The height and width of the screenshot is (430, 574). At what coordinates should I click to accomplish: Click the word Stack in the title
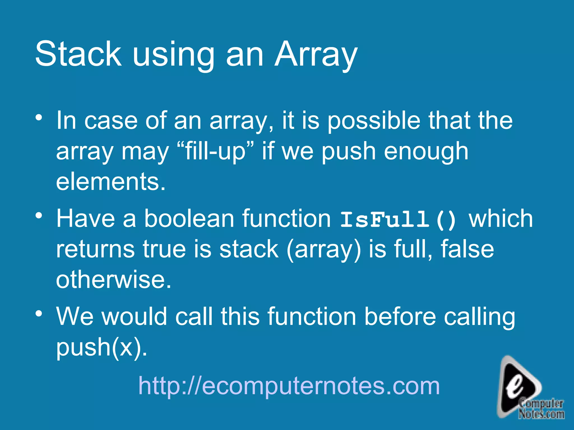pyautogui.click(x=78, y=53)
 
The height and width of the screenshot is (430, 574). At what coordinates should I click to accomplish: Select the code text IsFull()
pyautogui.click(x=398, y=220)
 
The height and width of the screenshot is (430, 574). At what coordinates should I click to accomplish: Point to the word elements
pyautogui.click(x=111, y=181)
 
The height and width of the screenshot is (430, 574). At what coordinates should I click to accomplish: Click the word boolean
pyautogui.click(x=189, y=218)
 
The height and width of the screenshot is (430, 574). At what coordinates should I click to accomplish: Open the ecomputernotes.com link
pyautogui.click(x=289, y=386)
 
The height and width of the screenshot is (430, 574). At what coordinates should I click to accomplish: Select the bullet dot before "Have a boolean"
pyautogui.click(x=39, y=215)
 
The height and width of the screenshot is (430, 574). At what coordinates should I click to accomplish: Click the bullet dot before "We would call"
pyautogui.click(x=39, y=313)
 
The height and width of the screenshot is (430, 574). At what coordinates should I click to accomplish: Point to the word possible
pyautogui.click(x=374, y=121)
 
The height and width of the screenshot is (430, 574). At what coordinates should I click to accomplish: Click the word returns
pyautogui.click(x=95, y=249)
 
